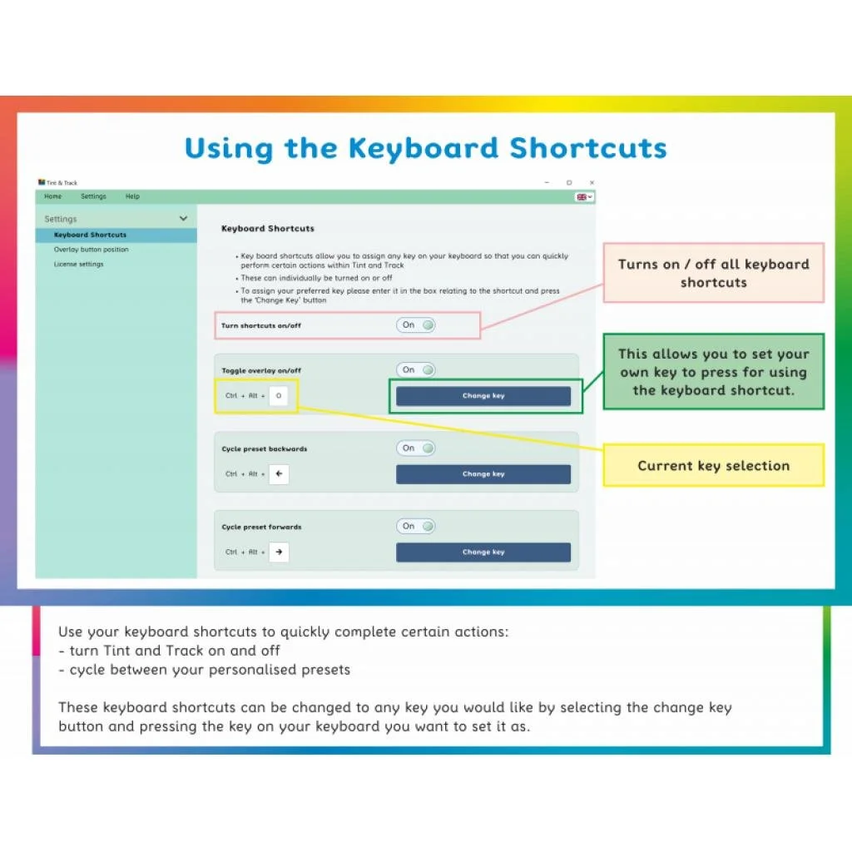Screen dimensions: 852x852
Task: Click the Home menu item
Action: [x=52, y=196]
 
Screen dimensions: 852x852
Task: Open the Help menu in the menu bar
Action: [x=132, y=196]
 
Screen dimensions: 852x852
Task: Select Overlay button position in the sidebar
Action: [x=91, y=250]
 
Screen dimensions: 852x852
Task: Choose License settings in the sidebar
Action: [x=78, y=265]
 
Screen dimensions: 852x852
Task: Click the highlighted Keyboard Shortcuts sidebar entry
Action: [x=90, y=235]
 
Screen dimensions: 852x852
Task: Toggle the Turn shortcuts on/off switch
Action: [x=416, y=325]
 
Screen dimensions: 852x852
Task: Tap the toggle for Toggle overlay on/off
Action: [x=416, y=370]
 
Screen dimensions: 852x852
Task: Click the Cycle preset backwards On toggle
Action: [x=416, y=448]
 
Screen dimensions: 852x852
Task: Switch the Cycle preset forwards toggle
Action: [x=416, y=527]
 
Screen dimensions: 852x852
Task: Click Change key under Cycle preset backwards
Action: [x=483, y=474]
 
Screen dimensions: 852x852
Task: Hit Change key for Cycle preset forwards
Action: [x=483, y=552]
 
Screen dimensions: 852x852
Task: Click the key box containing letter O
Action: [x=279, y=396]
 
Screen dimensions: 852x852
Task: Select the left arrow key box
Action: [x=279, y=474]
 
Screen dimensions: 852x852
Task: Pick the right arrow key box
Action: [x=279, y=552]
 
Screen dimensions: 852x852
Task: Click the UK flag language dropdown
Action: [x=584, y=197]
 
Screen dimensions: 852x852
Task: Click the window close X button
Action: [x=592, y=182]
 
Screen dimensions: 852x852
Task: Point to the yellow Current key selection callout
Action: [x=713, y=466]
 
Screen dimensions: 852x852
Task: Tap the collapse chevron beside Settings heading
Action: [x=183, y=219]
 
